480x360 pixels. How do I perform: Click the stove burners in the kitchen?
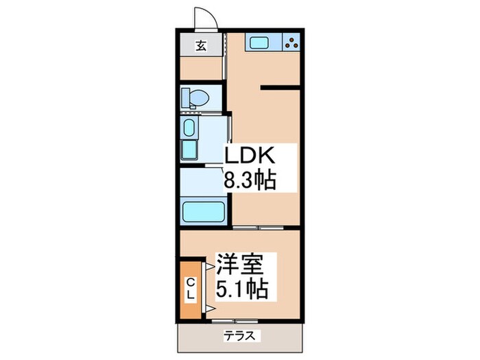[x=291, y=43]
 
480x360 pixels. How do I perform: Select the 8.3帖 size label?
[x=250, y=181]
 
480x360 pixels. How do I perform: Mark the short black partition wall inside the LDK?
[x=279, y=87]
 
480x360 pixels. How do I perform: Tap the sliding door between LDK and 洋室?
[x=257, y=226]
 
